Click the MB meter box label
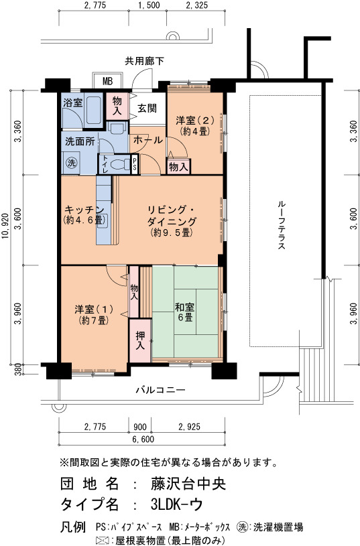[x=108, y=82]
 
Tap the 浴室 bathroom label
[x=73, y=103]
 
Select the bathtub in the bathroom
[x=93, y=109]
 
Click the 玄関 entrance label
[x=147, y=109]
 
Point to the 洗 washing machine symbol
[x=72, y=163]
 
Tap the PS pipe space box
[x=135, y=163]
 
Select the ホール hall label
[x=148, y=140]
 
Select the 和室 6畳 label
[x=185, y=312]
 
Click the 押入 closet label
[x=140, y=341]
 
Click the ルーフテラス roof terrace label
[x=282, y=225]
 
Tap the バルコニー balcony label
[x=161, y=390]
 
